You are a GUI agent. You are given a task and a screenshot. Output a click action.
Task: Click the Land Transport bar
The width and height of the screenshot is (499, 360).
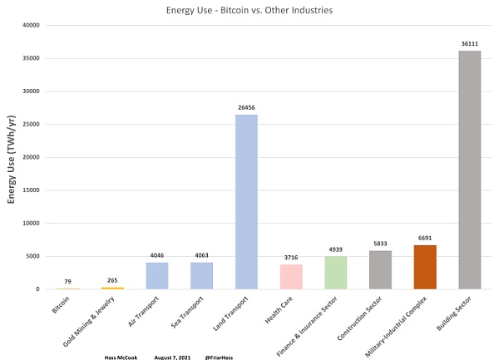click(246, 202)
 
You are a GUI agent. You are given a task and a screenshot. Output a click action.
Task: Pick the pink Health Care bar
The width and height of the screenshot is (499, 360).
click(291, 277)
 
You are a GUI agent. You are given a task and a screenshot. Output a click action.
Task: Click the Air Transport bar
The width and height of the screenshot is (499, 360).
click(157, 276)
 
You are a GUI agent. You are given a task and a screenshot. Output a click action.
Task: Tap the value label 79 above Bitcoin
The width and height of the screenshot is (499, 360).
click(68, 281)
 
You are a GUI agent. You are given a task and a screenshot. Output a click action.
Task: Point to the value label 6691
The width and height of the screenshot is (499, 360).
click(425, 238)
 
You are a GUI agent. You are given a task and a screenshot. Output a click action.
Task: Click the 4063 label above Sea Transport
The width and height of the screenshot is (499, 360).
click(202, 255)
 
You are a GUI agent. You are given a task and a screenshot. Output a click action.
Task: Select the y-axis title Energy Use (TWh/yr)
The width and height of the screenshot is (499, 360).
click(11, 157)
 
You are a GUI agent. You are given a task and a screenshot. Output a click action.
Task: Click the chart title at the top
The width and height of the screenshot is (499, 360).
click(249, 9)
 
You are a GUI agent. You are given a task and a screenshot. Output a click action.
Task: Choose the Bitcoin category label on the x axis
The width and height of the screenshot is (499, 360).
click(60, 303)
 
